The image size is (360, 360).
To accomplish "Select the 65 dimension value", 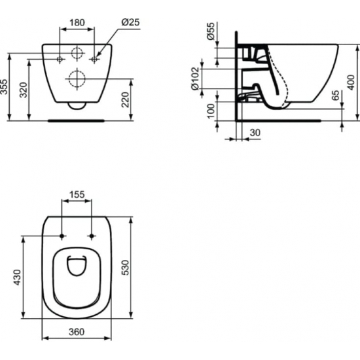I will (x=336, y=97).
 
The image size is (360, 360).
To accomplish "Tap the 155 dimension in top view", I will (x=77, y=194).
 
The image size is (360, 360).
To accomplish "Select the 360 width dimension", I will (x=77, y=332).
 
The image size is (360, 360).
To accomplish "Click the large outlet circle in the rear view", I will (x=77, y=79).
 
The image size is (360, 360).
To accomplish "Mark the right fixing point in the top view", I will (x=91, y=236).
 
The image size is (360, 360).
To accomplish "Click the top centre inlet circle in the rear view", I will (x=77, y=54).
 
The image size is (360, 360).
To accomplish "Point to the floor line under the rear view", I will (x=77, y=120).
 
